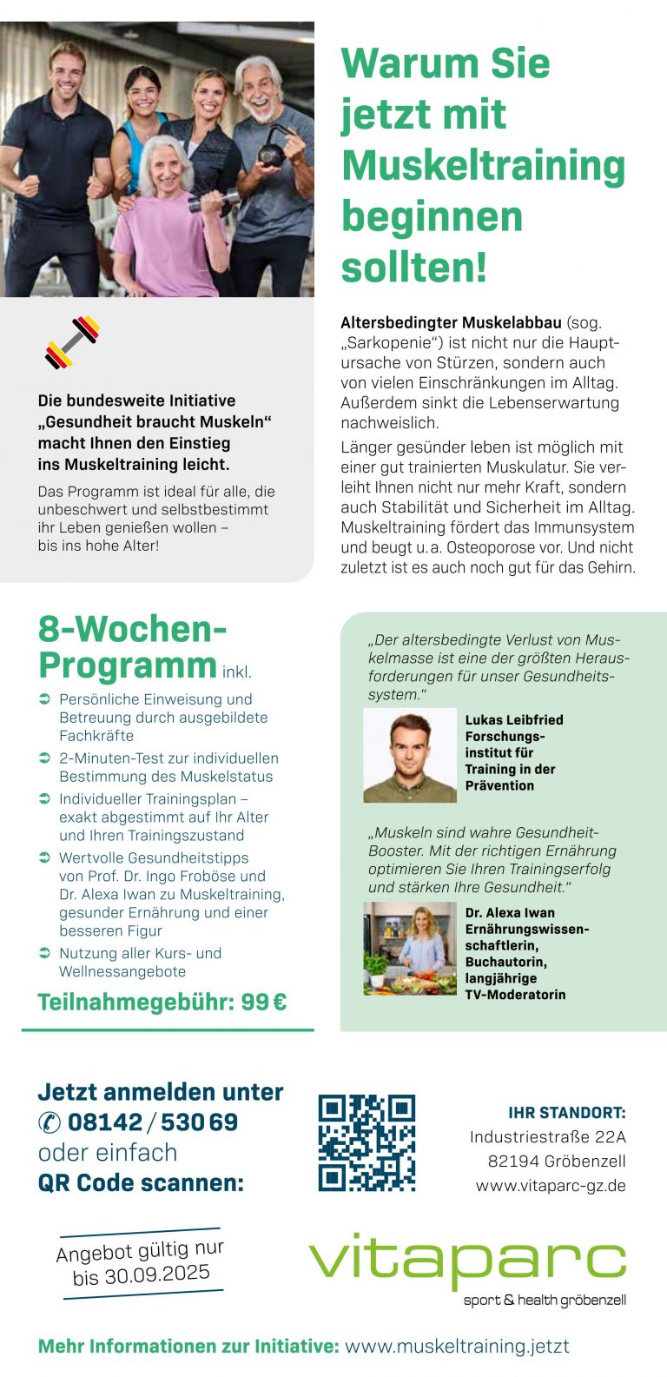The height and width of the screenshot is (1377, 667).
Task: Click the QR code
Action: [367, 1142]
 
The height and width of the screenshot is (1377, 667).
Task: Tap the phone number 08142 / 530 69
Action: [153, 1122]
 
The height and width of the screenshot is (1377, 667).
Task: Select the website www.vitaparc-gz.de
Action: [551, 1186]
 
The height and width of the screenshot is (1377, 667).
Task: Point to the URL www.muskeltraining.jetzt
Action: [457, 1347]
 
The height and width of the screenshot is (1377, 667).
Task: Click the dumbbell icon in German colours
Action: [73, 342]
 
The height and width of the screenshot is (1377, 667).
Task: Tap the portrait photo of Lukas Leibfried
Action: [410, 755]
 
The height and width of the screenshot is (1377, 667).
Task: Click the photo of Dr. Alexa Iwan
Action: [410, 948]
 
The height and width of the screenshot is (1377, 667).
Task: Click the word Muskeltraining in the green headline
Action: [483, 165]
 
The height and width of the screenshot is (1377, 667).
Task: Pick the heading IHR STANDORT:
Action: [566, 1113]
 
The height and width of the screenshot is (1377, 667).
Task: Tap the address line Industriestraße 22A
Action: [547, 1137]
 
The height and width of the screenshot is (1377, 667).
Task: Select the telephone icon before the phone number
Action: [50, 1123]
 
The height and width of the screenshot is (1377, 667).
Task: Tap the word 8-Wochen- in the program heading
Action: [133, 630]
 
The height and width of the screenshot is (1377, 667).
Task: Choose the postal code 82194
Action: [512, 1162]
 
